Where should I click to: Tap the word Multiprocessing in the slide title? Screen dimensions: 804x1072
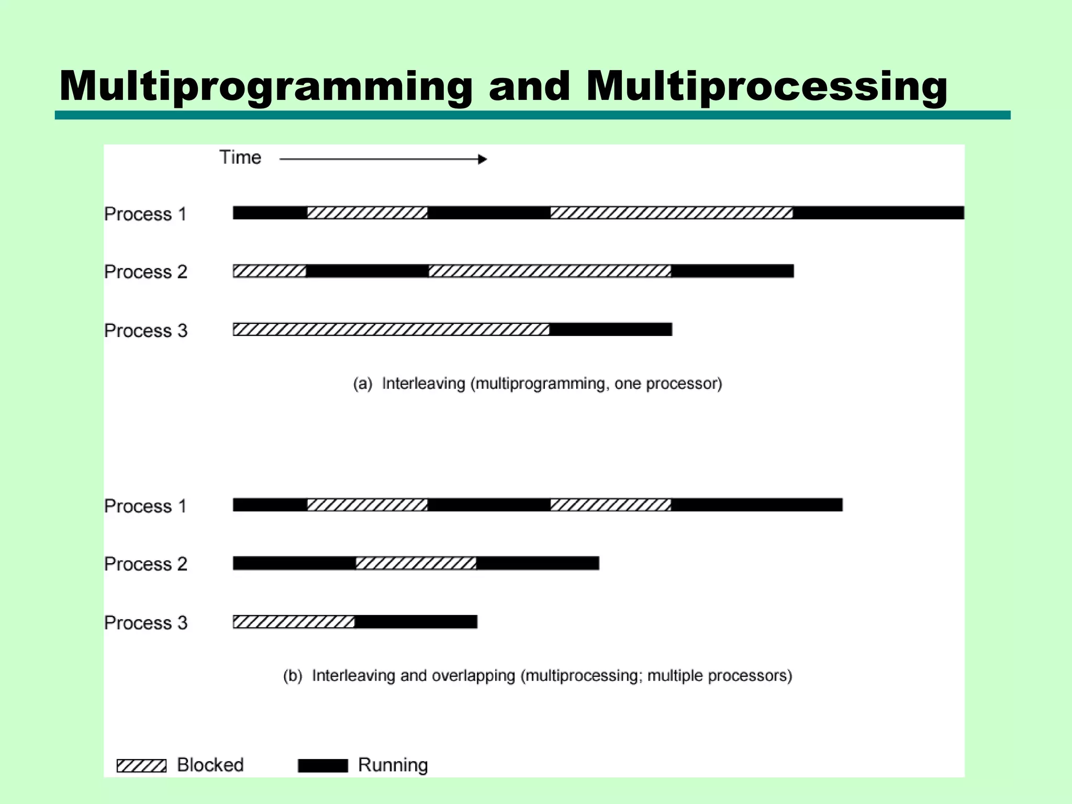(x=766, y=86)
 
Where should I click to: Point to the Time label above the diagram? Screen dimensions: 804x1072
(x=240, y=158)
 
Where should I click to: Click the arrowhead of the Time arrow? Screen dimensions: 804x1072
(x=483, y=159)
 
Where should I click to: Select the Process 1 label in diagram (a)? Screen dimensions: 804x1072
(x=146, y=214)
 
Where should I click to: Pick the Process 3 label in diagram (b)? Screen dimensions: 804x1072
(x=146, y=623)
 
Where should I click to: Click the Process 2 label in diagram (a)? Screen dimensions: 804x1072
(x=146, y=272)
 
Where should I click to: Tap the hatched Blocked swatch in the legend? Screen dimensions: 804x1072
(x=141, y=766)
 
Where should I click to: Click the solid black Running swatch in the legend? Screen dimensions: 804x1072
(x=322, y=766)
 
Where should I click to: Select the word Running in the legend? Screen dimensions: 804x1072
(x=393, y=765)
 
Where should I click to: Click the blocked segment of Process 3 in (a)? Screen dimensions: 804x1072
(x=391, y=329)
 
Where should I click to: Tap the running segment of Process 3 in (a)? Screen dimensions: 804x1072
(x=611, y=329)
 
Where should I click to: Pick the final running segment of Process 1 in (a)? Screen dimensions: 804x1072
(x=878, y=213)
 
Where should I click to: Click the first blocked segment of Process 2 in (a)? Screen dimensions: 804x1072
(x=270, y=271)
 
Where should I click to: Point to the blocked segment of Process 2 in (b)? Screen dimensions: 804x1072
(x=416, y=563)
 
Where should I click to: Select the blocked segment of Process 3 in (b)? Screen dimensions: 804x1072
(x=294, y=622)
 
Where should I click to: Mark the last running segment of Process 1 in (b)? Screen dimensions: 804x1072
(x=757, y=505)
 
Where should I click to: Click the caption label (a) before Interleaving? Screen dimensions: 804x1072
(x=363, y=384)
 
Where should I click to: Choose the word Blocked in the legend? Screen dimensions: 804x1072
(x=210, y=765)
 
